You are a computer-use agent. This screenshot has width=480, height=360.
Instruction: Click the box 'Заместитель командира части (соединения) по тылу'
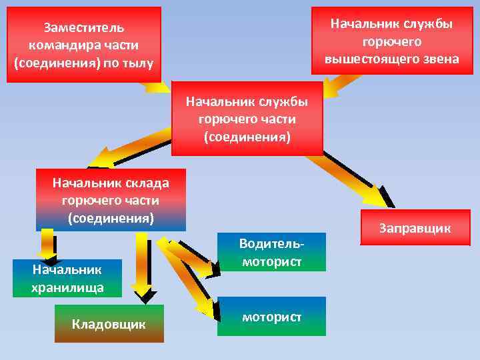[84, 45]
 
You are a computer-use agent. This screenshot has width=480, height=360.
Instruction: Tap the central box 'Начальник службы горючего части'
[247, 119]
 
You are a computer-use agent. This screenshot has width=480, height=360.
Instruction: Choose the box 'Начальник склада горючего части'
[111, 199]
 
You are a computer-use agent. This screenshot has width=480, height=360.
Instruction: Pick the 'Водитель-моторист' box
[272, 252]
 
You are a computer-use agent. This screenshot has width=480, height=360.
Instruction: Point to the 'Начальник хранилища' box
[67, 278]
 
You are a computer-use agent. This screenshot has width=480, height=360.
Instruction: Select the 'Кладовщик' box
[109, 324]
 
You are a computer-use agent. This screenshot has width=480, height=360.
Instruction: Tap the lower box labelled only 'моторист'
[272, 316]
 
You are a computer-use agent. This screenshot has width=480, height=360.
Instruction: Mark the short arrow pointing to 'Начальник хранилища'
[47, 244]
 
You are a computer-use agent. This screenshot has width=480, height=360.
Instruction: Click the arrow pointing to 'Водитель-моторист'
[193, 257]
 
